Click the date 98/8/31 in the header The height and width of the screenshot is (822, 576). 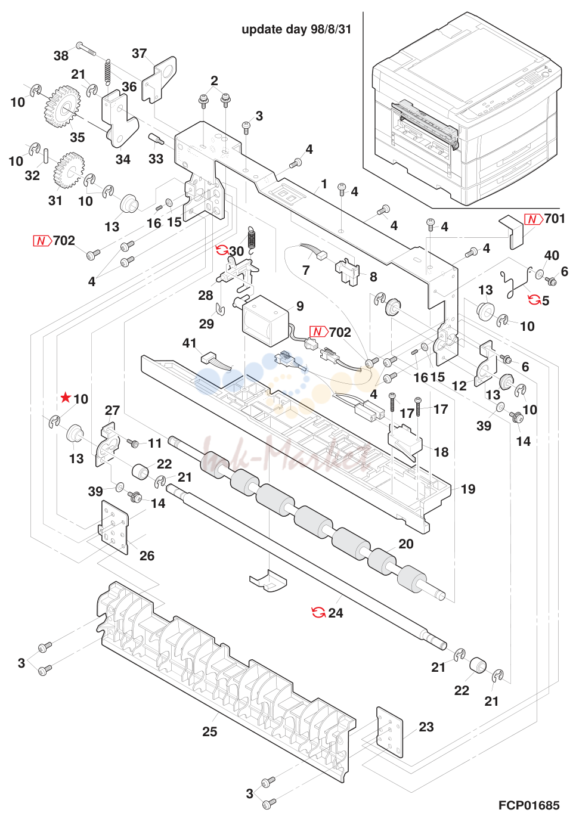(331, 29)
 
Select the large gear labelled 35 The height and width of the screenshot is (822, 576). (61, 107)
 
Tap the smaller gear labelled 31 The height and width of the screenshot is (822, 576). (69, 170)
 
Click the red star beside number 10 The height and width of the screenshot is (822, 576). (66, 397)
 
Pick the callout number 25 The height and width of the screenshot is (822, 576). (210, 731)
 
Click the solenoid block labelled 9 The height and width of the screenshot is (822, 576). (264, 320)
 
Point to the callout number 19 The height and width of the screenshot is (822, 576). (468, 489)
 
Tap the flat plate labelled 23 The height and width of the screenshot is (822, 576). (390, 732)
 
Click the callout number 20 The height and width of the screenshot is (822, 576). (405, 544)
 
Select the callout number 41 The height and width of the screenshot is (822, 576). (189, 343)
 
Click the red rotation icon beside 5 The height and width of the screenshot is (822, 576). (534, 300)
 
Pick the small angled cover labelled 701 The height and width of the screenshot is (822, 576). (512, 232)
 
